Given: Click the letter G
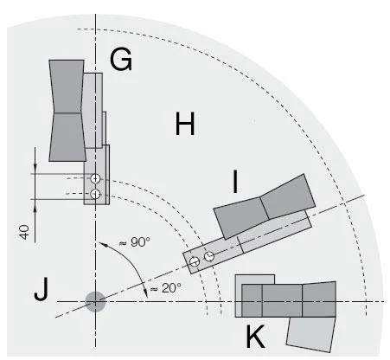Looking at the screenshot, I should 121,59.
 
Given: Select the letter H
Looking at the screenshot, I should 184,125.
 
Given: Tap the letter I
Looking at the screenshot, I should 234,182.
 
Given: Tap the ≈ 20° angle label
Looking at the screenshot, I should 166,288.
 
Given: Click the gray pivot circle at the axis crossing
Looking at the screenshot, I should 95,300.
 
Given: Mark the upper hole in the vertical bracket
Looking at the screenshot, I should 95,179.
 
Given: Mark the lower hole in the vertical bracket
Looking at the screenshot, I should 95,193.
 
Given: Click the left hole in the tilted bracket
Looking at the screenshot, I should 195,260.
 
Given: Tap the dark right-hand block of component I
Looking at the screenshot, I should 286,196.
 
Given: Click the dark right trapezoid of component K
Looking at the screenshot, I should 319,299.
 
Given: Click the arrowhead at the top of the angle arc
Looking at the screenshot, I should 101,246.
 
